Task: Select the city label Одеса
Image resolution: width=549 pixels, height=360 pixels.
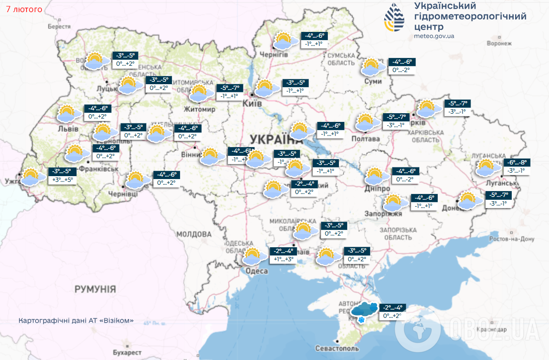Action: pos(256,271)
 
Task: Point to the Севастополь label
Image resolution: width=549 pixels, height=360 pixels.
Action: pos(337,348)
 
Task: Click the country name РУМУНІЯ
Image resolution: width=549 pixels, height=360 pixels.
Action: pos(95,289)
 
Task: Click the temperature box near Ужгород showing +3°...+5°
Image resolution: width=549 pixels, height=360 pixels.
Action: pos(62,175)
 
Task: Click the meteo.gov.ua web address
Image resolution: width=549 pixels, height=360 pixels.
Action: pos(434,36)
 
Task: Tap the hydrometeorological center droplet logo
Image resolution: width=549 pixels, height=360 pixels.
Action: pos(395,18)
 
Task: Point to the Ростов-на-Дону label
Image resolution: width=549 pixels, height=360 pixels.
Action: pos(512,239)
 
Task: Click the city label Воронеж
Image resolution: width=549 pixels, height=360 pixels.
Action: pos(499,44)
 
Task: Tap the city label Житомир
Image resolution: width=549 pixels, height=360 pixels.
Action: pos(198,110)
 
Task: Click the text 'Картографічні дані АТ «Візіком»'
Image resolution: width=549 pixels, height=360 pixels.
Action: pos(76,321)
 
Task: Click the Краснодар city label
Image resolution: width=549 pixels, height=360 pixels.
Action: pos(491,329)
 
